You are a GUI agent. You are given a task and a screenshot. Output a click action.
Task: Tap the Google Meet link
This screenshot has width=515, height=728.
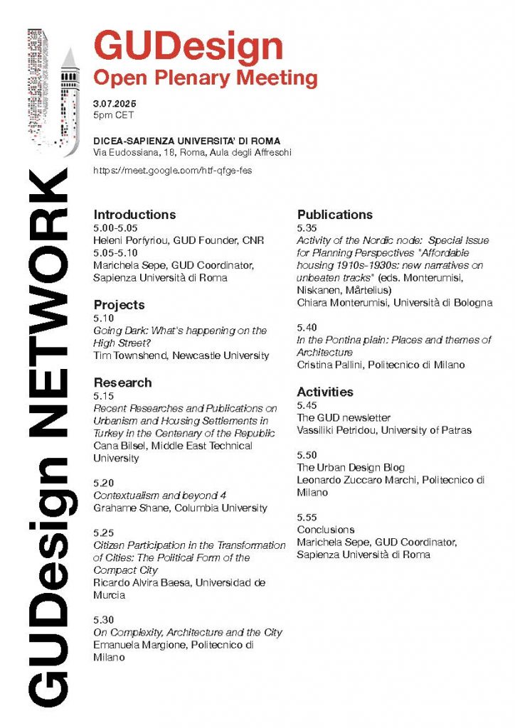(x=173, y=171)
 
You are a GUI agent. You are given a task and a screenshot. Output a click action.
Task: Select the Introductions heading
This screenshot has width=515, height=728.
(x=134, y=214)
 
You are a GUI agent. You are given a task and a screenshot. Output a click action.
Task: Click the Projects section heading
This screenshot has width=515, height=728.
(x=119, y=304)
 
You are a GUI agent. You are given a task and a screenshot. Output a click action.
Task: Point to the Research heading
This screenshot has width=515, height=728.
(x=122, y=382)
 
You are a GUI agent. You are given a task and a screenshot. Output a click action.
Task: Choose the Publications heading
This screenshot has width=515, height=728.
(x=335, y=214)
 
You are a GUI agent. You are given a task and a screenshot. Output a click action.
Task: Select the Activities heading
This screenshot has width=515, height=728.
(x=325, y=392)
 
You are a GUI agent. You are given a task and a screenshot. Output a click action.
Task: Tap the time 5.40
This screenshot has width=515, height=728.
(x=307, y=327)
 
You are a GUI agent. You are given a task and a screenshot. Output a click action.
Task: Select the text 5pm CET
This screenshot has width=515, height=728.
(x=113, y=114)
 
